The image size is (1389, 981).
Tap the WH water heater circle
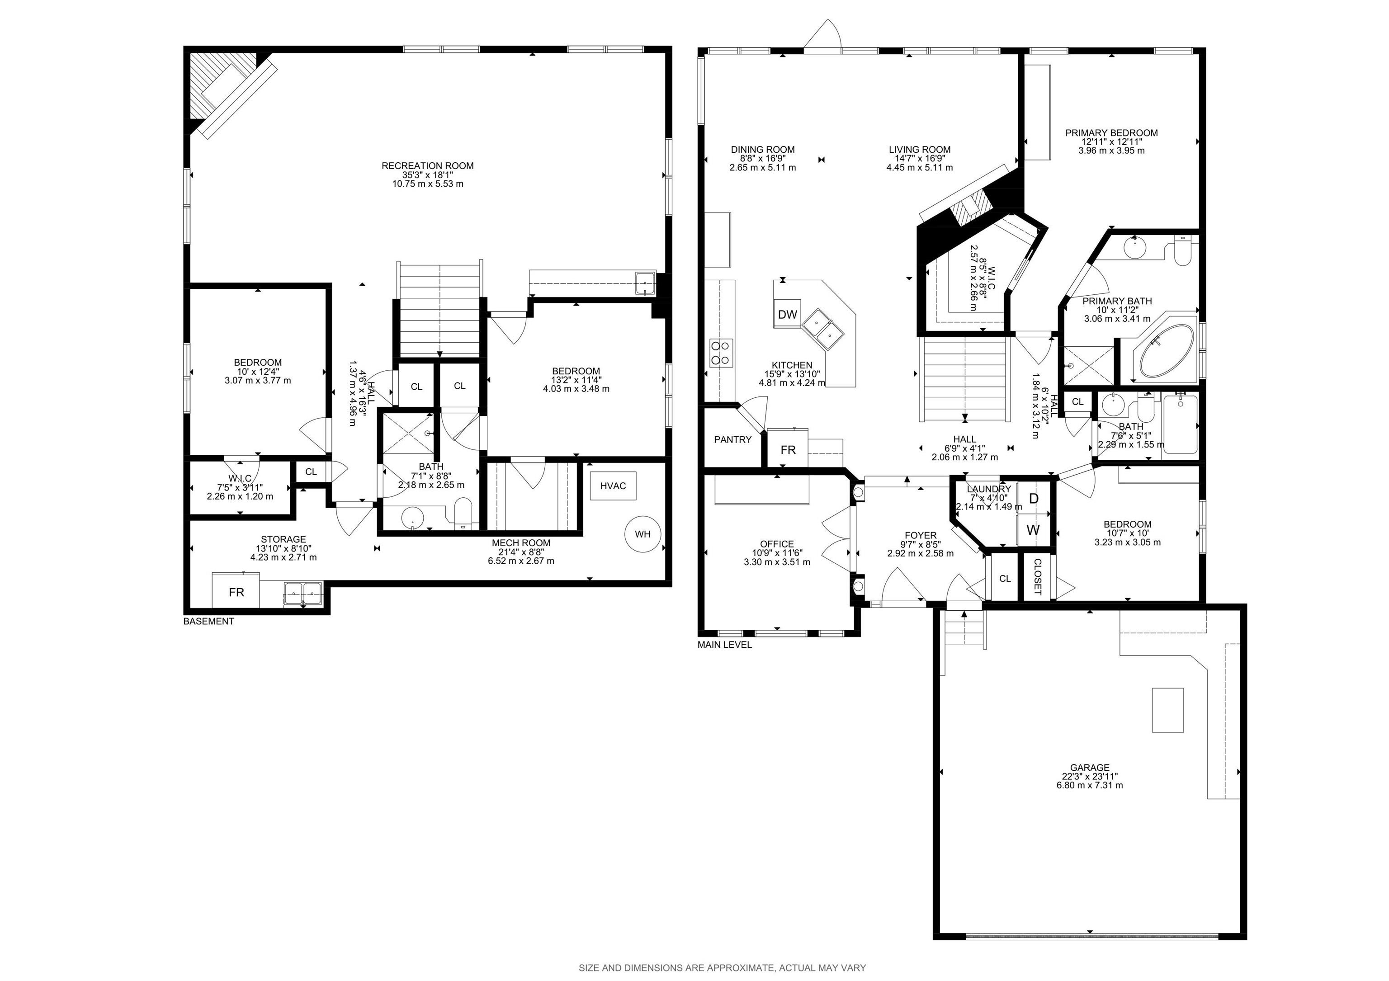[x=643, y=534]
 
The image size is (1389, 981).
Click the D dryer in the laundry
[x=1034, y=498]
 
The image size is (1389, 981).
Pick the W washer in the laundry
[x=1034, y=530]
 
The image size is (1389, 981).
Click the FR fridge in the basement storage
[x=236, y=591]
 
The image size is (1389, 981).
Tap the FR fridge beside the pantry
[x=788, y=449]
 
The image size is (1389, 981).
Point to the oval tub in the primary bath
[x=1167, y=351]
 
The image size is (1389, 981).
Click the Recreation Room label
[x=428, y=166]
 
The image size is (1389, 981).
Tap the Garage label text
[x=1090, y=768]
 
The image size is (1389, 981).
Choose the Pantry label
[x=732, y=440]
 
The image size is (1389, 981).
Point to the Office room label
[x=777, y=544]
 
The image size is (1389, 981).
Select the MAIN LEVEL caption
[x=725, y=645]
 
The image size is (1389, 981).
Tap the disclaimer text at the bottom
[x=723, y=968]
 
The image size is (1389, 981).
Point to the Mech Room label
[x=521, y=542]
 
